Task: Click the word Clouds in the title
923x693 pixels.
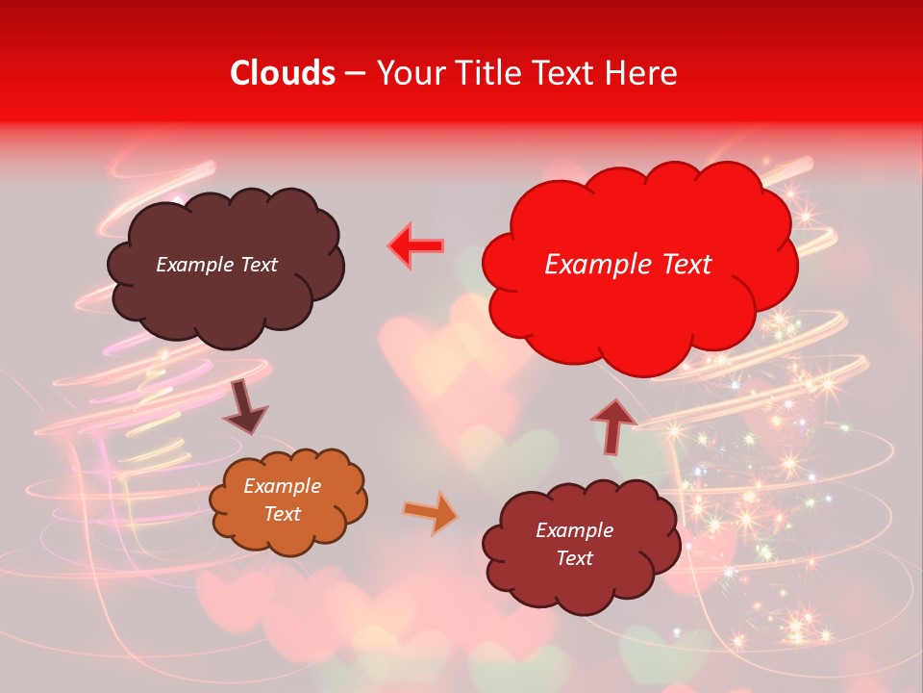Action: pyautogui.click(x=283, y=73)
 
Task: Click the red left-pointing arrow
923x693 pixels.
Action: pyautogui.click(x=416, y=246)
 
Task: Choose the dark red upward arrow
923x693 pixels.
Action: pyautogui.click(x=613, y=426)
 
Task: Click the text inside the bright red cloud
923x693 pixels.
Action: pyautogui.click(x=628, y=265)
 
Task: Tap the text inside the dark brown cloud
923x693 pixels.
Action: pyautogui.click(x=216, y=265)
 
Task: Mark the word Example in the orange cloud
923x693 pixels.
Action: pyautogui.click(x=282, y=486)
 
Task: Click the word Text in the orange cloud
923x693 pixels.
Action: pyautogui.click(x=282, y=514)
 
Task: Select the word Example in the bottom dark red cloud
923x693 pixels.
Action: pyautogui.click(x=574, y=530)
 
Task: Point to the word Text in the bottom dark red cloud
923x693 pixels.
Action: pyautogui.click(x=574, y=558)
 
